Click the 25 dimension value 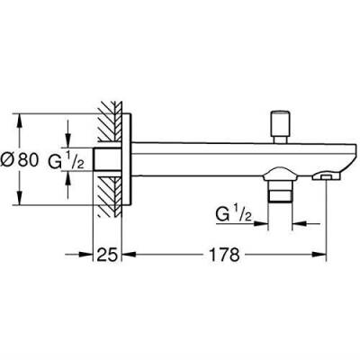107,255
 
